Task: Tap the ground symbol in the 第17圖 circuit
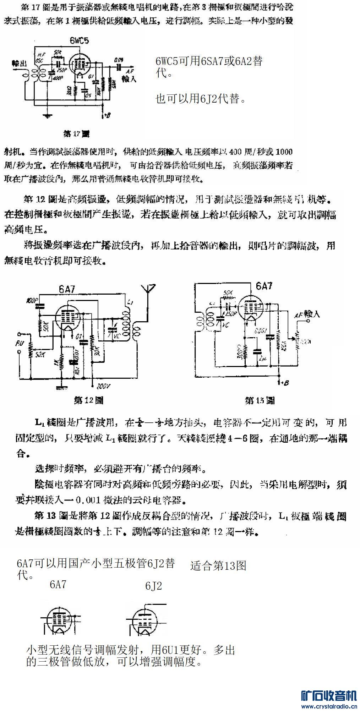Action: (47, 115)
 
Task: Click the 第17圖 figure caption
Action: (76, 134)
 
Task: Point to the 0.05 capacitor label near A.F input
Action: (118, 59)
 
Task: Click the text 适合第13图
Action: (218, 565)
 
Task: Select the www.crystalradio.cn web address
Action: (329, 706)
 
